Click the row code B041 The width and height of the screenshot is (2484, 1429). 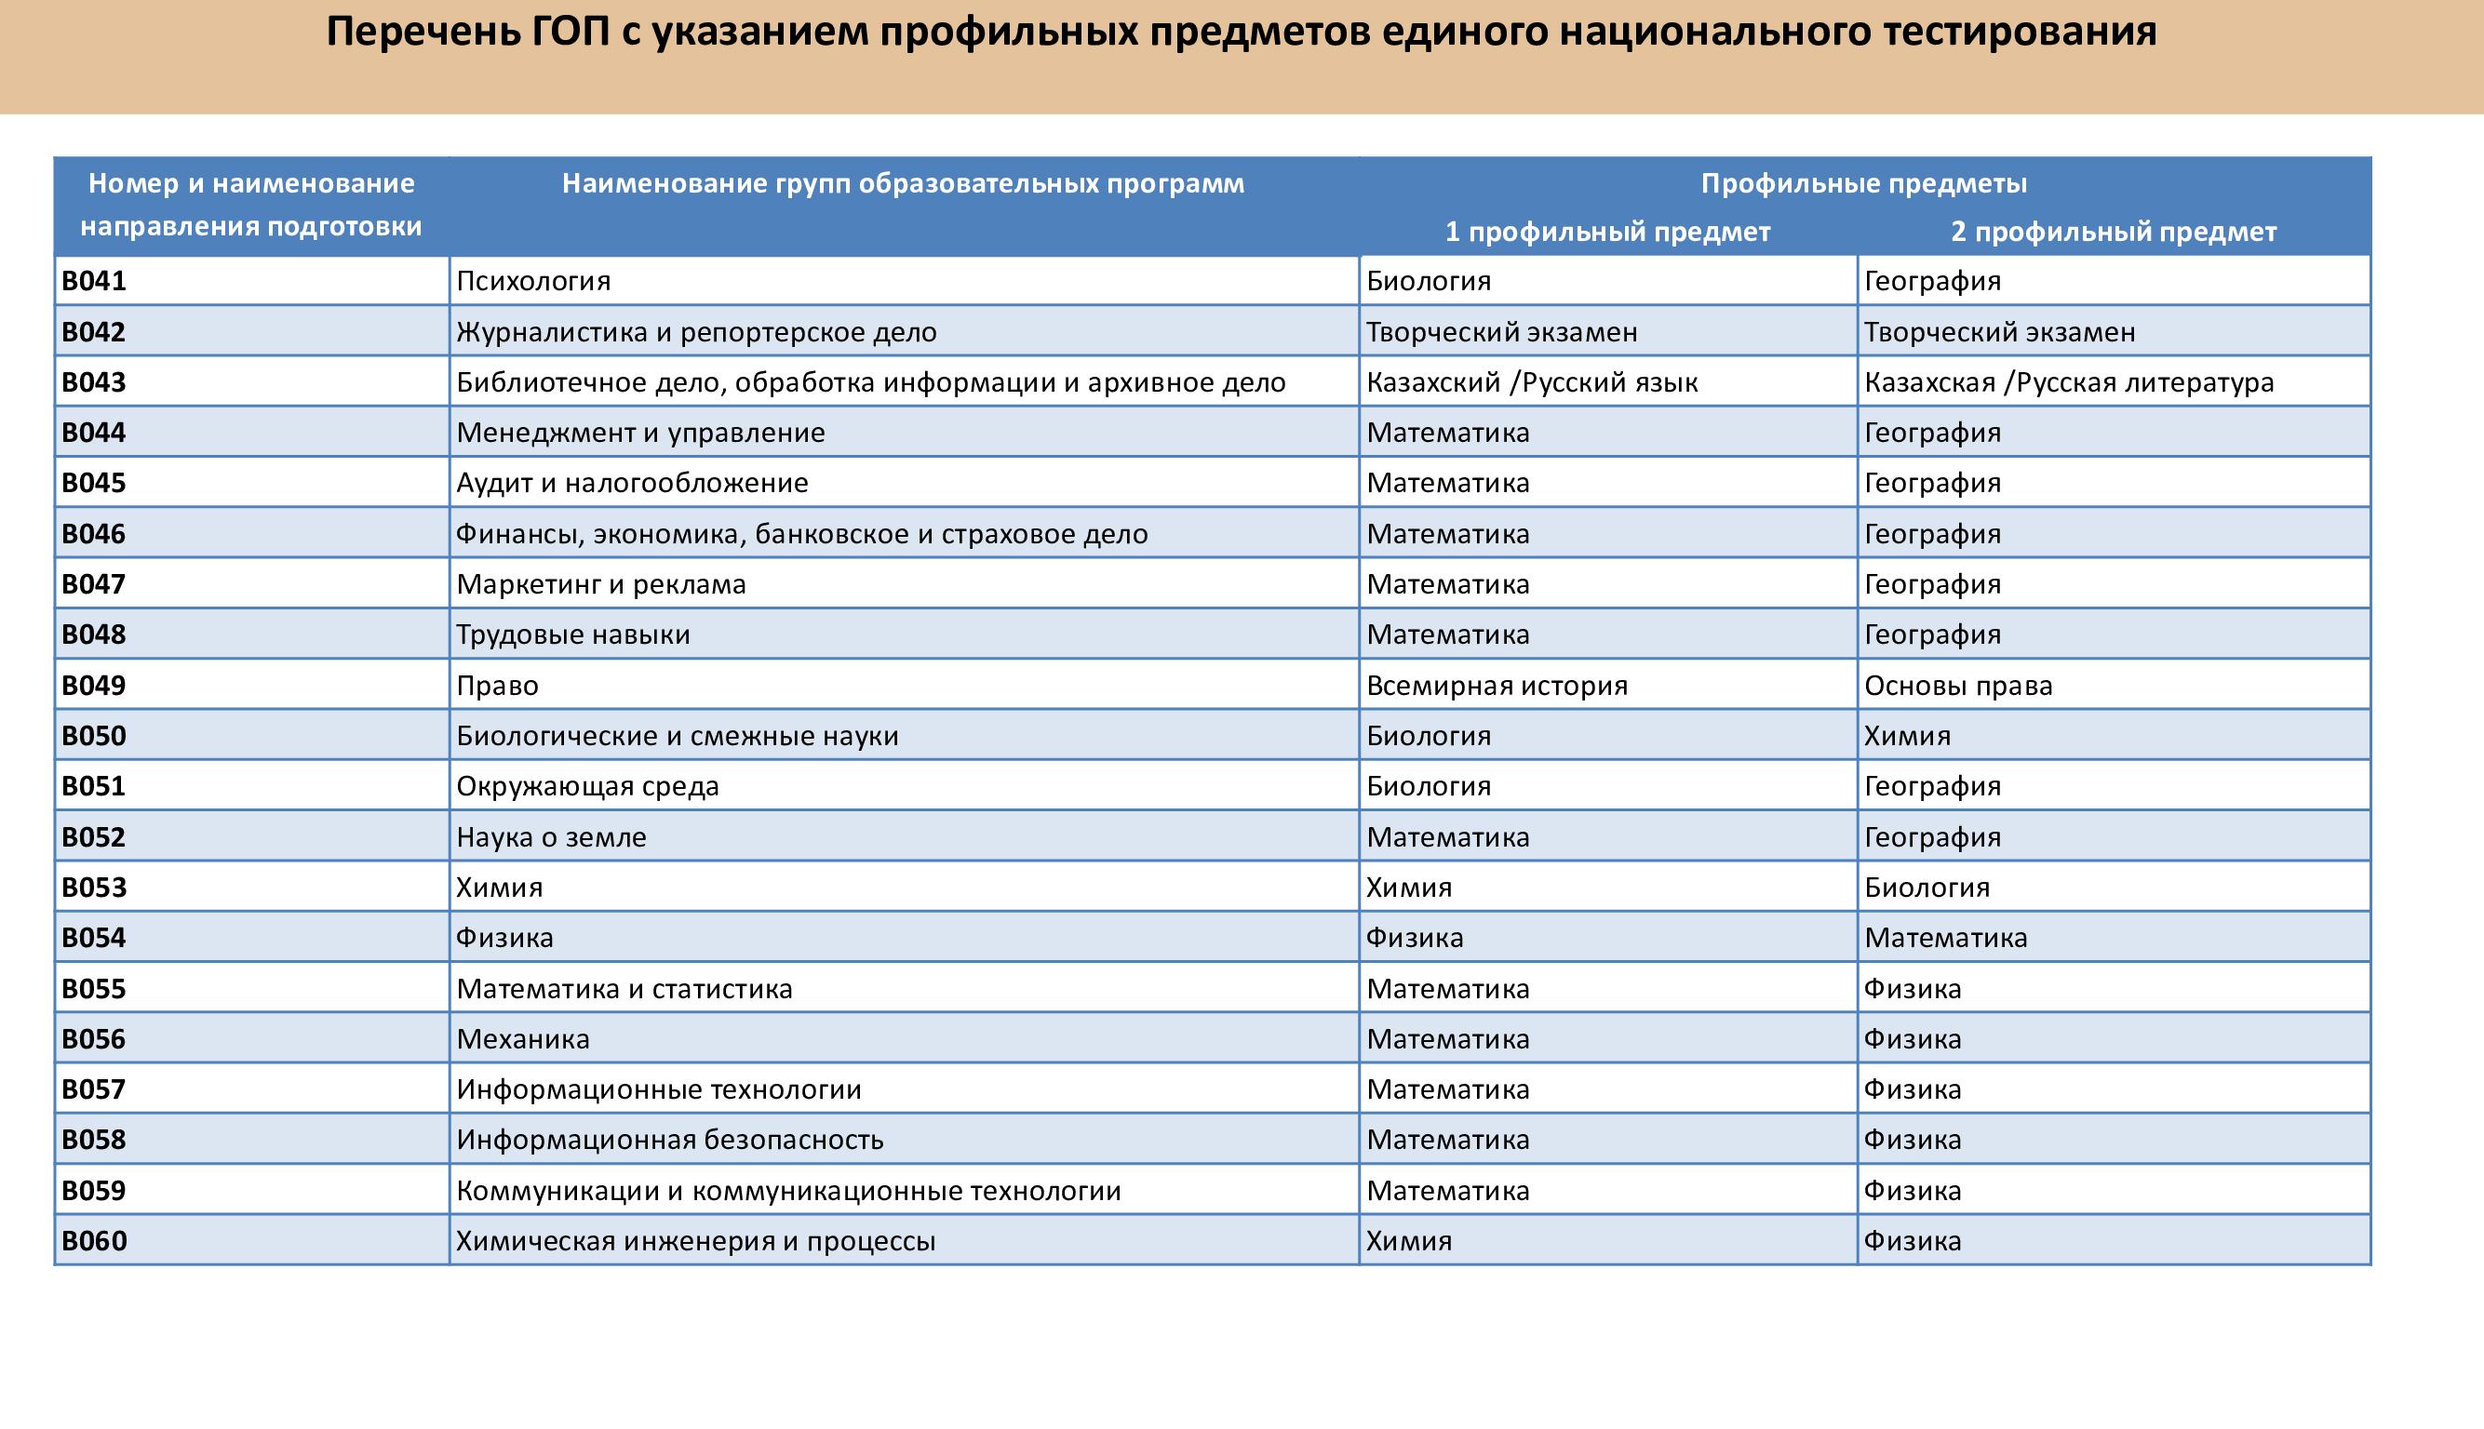[94, 282]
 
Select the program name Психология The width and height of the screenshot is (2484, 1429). [533, 282]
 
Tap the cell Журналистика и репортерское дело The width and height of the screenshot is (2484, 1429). [696, 332]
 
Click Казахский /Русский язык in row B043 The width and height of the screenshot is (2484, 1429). [1532, 382]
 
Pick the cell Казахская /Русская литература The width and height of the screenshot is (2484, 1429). [2069, 382]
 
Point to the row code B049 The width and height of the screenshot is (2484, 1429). [94, 685]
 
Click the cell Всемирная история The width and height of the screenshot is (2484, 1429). [1497, 685]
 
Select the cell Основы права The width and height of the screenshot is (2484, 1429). [1958, 685]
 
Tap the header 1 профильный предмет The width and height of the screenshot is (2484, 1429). [1607, 232]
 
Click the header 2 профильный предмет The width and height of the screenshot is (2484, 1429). [2113, 232]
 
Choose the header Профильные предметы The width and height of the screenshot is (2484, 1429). [1863, 183]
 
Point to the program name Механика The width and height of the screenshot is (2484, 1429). [522, 1038]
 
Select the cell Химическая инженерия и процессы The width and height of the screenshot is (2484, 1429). [695, 1240]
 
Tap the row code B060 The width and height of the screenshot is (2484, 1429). [94, 1240]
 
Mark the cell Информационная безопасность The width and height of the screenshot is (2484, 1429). [669, 1140]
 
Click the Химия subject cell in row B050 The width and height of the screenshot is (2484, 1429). [1907, 736]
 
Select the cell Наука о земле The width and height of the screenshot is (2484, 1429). [551, 837]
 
